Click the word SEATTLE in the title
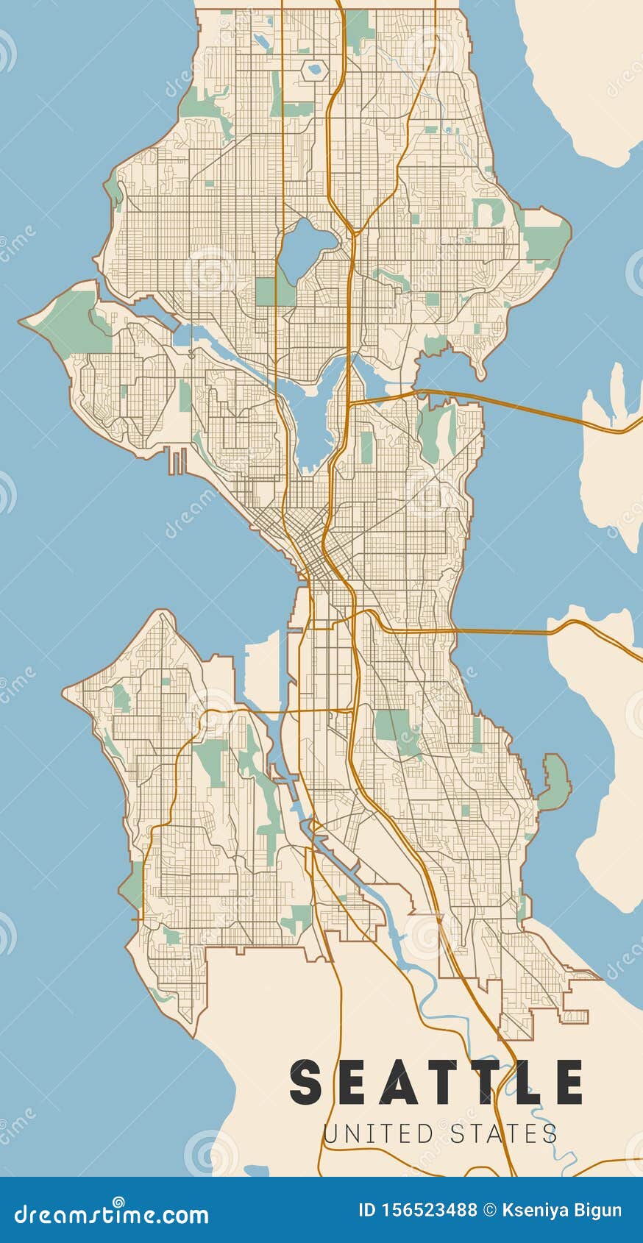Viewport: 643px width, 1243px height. [437, 1082]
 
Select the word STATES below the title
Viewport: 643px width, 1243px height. [504, 1133]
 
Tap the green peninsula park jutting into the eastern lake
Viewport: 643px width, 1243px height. [555, 783]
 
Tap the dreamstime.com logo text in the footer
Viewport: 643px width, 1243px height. [111, 1214]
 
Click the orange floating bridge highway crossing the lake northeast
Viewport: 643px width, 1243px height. [515, 404]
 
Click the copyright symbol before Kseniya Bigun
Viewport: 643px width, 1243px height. [489, 1211]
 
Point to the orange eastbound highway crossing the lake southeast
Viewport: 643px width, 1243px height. [500, 631]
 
